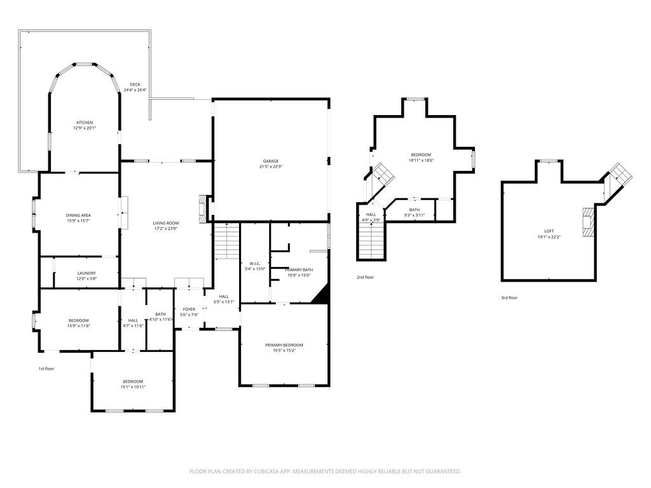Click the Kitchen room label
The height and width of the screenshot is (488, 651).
pyautogui.click(x=85, y=123)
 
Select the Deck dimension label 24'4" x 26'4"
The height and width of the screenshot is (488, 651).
pyautogui.click(x=135, y=90)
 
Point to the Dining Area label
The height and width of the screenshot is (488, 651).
pyautogui.click(x=78, y=215)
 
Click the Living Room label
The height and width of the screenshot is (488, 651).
pyautogui.click(x=165, y=223)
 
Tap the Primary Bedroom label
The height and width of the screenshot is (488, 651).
pyautogui.click(x=284, y=345)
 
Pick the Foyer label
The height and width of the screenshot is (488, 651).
pyautogui.click(x=189, y=309)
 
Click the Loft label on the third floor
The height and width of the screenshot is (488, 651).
pyautogui.click(x=549, y=231)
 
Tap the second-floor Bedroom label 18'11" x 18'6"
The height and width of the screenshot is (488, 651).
pyautogui.click(x=421, y=155)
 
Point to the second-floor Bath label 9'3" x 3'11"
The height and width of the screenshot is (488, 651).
pyautogui.click(x=415, y=210)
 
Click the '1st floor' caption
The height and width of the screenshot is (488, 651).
pyautogui.click(x=46, y=369)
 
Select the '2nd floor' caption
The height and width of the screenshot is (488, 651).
pyautogui.click(x=365, y=277)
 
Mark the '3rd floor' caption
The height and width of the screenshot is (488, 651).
pyautogui.click(x=509, y=297)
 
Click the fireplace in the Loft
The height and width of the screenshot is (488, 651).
pyautogui.click(x=589, y=222)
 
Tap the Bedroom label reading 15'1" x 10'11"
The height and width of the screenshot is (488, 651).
pyautogui.click(x=133, y=381)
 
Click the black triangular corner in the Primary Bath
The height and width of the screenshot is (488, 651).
pyautogui.click(x=322, y=295)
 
